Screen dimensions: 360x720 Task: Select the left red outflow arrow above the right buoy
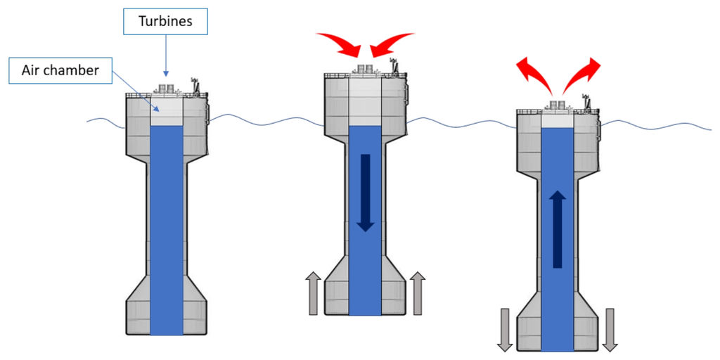pyautogui.click(x=534, y=76)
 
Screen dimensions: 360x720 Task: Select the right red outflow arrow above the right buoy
pyautogui.click(x=583, y=75)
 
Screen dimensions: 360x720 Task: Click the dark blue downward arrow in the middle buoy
pyautogui.click(x=366, y=192)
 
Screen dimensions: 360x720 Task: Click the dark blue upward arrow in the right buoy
pyautogui.click(x=558, y=229)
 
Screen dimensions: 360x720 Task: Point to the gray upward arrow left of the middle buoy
pyautogui.click(x=314, y=293)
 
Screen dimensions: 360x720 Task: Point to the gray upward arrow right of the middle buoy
pyautogui.click(x=418, y=293)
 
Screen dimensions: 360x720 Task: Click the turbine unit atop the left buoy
pyautogui.click(x=167, y=89)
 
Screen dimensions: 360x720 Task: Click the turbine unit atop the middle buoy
pyautogui.click(x=365, y=70)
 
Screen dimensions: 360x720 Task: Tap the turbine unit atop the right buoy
pyautogui.click(x=558, y=105)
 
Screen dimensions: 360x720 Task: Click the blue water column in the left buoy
pyautogui.click(x=167, y=225)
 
